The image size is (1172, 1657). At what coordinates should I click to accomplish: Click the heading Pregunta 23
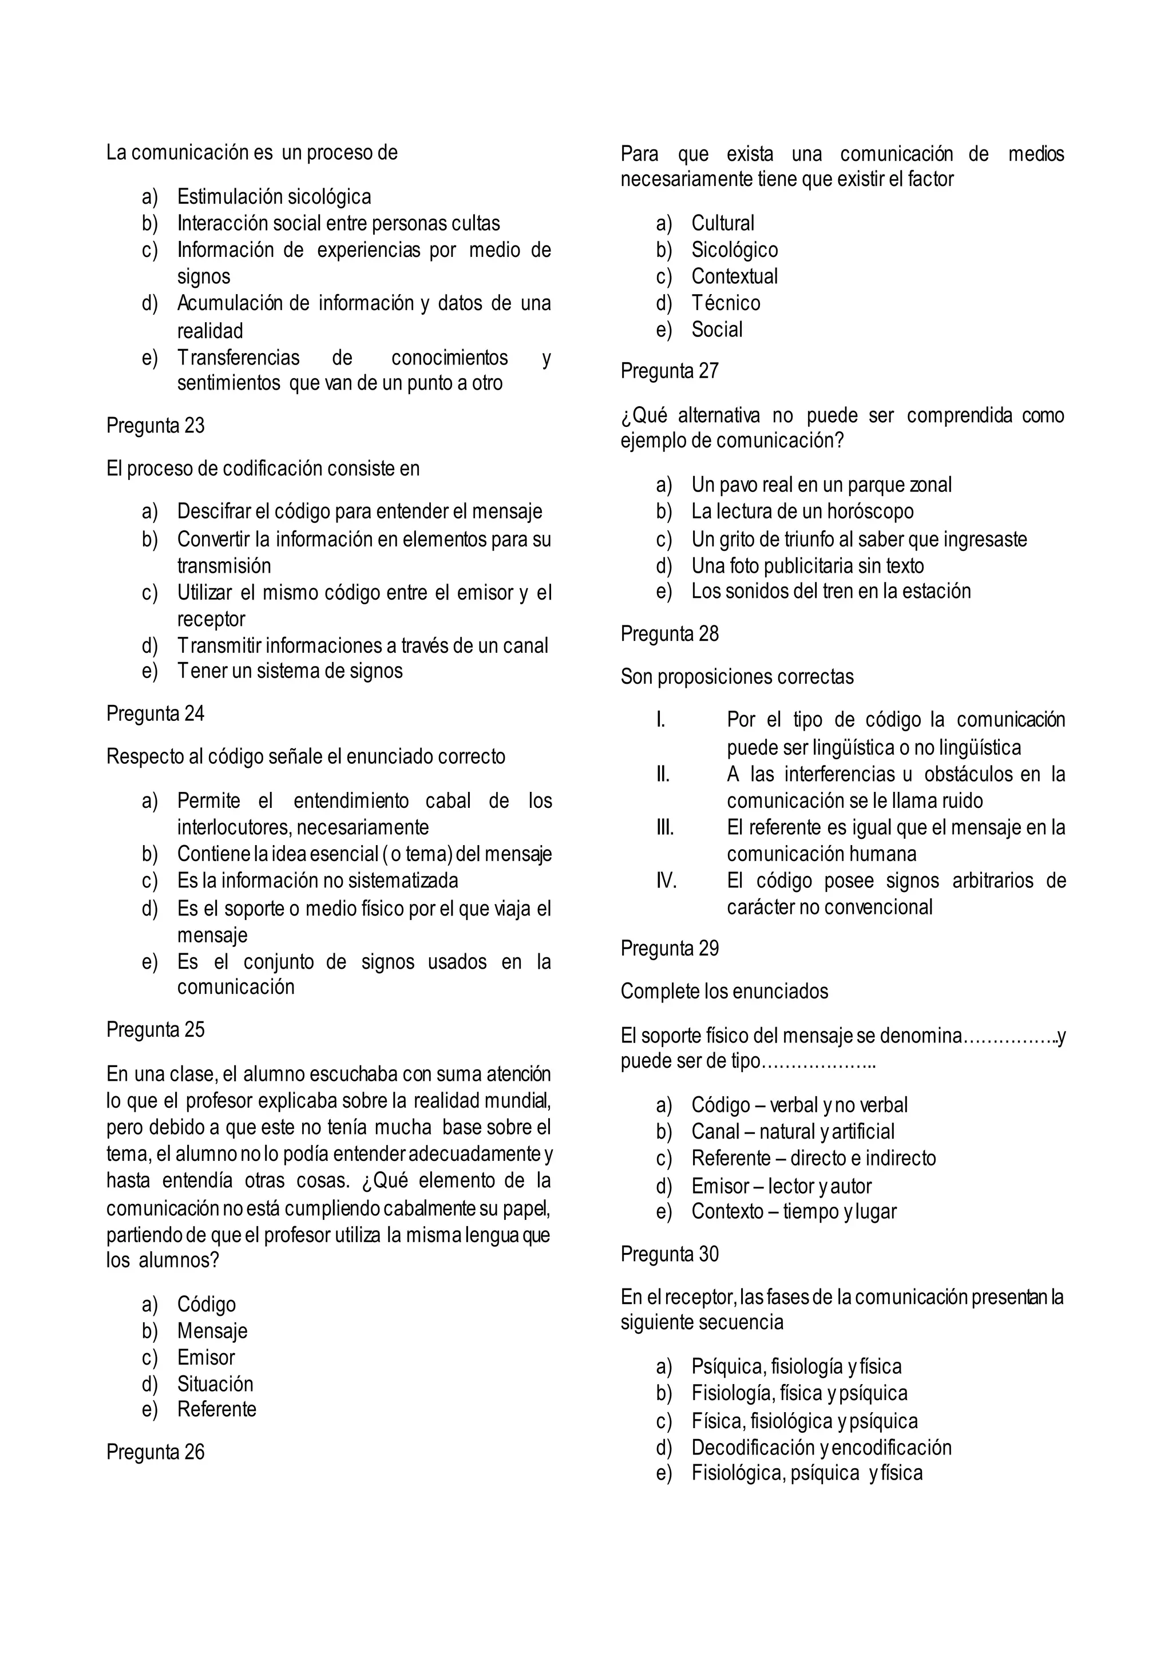(x=155, y=426)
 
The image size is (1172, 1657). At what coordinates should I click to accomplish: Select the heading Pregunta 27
(x=669, y=371)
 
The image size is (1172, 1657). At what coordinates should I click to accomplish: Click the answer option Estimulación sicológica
(x=274, y=196)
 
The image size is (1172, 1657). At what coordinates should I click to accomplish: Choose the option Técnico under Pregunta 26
(x=725, y=303)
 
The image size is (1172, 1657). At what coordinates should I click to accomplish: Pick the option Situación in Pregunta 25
(x=215, y=1384)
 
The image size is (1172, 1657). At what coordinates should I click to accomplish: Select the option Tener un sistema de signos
(x=290, y=671)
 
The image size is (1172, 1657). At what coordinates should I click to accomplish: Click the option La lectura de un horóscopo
(x=802, y=512)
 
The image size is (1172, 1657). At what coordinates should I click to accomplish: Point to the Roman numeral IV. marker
(x=666, y=881)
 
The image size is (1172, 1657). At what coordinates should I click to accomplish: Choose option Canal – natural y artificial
(x=793, y=1132)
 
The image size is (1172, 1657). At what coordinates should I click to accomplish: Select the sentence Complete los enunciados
(x=724, y=992)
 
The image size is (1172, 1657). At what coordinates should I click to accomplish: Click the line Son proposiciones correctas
(x=737, y=677)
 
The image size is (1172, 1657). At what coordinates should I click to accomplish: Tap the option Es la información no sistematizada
(x=318, y=881)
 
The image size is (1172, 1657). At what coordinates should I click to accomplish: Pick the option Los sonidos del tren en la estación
(x=831, y=591)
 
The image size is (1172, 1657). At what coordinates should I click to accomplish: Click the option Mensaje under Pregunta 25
(x=212, y=1331)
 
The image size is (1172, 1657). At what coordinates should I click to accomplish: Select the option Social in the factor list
(x=716, y=330)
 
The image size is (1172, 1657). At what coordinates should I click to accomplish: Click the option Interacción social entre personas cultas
(x=338, y=224)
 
